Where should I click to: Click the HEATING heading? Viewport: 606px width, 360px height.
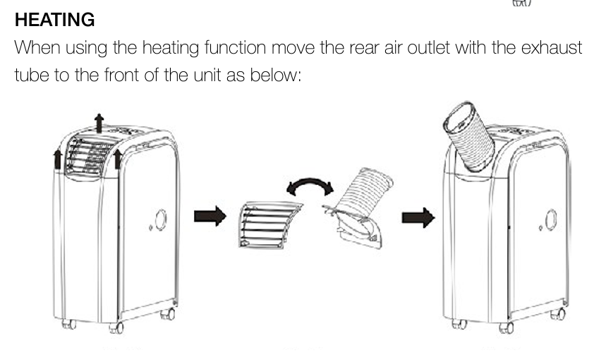pos(54,20)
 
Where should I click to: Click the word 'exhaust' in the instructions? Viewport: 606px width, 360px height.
pos(552,48)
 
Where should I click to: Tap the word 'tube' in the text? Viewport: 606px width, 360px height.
pos(32,75)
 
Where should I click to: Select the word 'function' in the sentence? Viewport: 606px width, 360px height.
pos(235,48)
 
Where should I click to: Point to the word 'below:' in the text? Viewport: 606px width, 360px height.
pos(275,75)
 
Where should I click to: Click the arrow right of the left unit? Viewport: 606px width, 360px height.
pos(210,216)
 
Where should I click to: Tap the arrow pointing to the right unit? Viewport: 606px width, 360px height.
pos(418,217)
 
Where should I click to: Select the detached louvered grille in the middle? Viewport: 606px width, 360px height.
pos(270,224)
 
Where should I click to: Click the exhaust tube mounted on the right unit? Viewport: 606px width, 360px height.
pos(468,136)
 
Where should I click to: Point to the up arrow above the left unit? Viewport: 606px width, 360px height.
pos(99,123)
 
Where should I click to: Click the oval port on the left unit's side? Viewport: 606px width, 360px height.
pos(160,220)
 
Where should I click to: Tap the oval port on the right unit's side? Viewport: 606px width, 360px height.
pos(551,220)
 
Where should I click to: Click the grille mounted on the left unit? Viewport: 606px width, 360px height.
pos(90,155)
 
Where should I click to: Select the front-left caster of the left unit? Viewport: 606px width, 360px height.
pos(69,324)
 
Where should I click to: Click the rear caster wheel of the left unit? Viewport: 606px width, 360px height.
pos(168,314)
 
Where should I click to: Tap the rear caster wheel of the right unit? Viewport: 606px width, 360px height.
pos(558,314)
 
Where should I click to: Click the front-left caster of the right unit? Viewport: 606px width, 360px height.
pos(459,324)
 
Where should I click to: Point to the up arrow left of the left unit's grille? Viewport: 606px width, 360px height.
pos(58,160)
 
